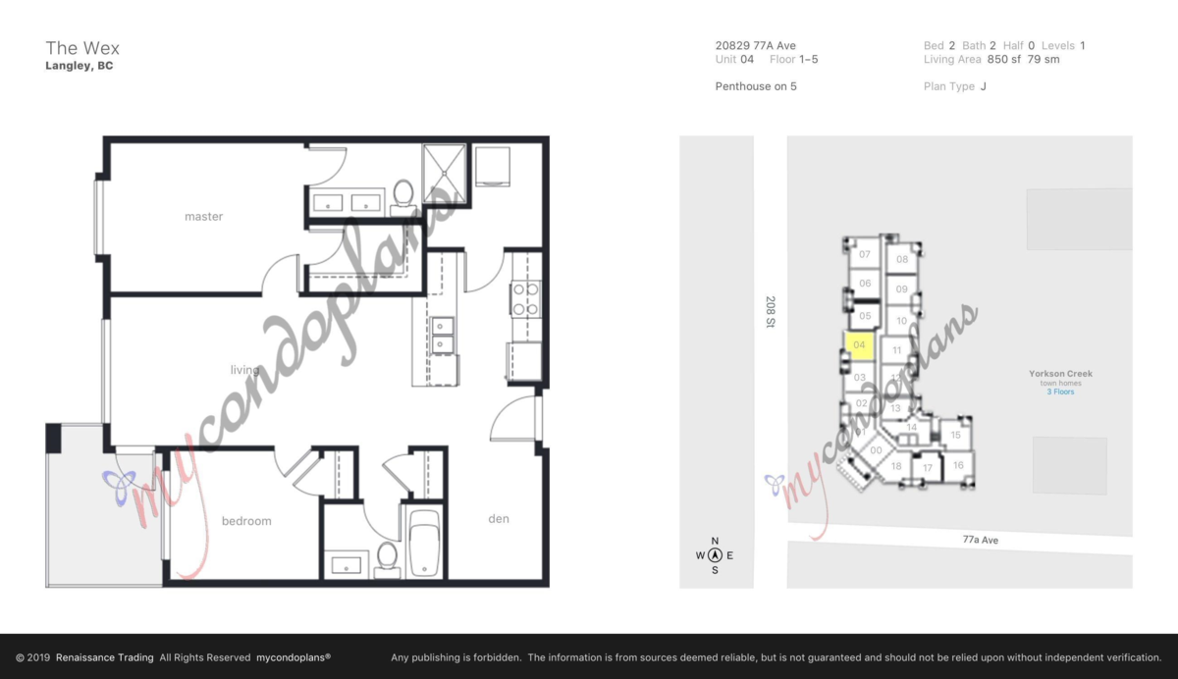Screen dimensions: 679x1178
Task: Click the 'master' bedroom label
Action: coord(203,217)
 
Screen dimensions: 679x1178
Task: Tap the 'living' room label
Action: coord(244,370)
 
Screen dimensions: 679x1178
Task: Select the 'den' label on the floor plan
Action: coord(499,519)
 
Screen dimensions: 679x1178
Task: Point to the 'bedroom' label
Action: coord(245,521)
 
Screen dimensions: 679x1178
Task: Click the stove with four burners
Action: coord(525,298)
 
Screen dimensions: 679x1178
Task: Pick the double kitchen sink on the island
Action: coord(443,336)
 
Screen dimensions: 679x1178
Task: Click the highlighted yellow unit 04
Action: coord(859,346)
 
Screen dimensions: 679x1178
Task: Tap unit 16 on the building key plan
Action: coord(958,465)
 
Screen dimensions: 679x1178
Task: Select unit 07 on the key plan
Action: coord(865,255)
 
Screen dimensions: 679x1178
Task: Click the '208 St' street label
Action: coord(771,313)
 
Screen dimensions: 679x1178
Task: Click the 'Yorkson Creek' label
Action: coord(1060,374)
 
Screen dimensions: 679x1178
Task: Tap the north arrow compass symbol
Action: coord(715,555)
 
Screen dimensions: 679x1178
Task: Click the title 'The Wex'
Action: coord(82,48)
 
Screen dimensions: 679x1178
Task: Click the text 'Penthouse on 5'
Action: coord(756,86)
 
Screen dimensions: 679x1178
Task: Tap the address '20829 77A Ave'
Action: coord(755,45)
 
